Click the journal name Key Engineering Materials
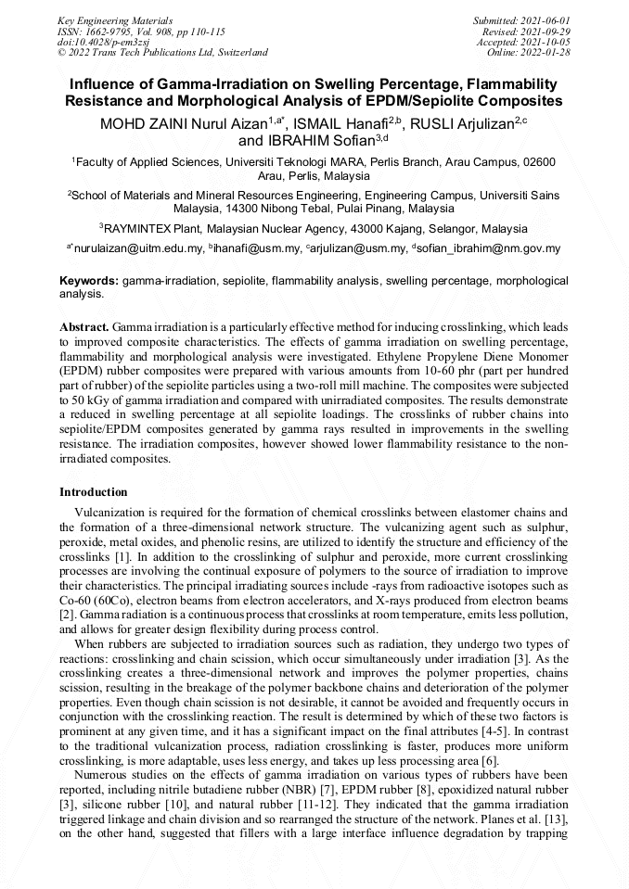[115, 19]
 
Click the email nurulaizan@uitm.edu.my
[137, 248]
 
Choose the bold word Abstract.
[84, 327]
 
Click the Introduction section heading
[94, 492]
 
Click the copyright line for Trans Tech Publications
[163, 53]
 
